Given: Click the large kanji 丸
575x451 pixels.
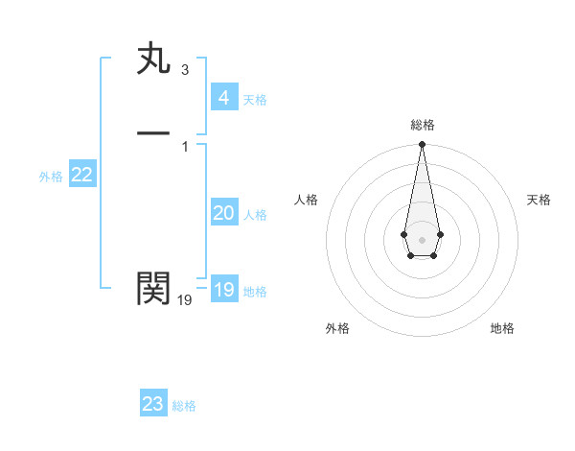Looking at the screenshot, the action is [153, 60].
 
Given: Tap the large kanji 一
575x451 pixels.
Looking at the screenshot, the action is [153, 134].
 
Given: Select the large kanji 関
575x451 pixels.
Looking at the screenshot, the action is [153, 288].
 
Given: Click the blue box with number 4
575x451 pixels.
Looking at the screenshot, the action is [223, 98].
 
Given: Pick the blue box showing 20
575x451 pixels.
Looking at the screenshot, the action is [223, 213].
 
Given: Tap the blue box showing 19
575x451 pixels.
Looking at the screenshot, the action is [223, 290].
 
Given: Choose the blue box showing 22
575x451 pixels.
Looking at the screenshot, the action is [81, 175].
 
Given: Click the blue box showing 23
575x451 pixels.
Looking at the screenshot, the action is [153, 404].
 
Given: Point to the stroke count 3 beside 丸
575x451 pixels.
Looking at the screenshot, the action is [184, 70].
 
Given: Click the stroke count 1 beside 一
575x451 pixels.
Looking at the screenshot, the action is [184, 146].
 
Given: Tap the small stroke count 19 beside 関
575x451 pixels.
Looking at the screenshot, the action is [184, 300].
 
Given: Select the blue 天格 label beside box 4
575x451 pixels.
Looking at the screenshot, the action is [255, 100].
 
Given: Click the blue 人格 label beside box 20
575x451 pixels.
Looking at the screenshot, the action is [255, 215].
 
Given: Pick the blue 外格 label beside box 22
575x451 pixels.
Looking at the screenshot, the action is [51, 177].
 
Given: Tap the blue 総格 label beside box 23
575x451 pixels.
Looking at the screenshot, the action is [184, 406].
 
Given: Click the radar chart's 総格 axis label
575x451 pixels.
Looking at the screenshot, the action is [422, 125].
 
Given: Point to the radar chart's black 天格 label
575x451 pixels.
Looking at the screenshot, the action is [539, 200].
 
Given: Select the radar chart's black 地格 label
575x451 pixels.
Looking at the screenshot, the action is [502, 328].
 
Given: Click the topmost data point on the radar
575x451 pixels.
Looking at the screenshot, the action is [422, 145].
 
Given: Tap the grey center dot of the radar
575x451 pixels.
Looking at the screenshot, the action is [422, 238].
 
